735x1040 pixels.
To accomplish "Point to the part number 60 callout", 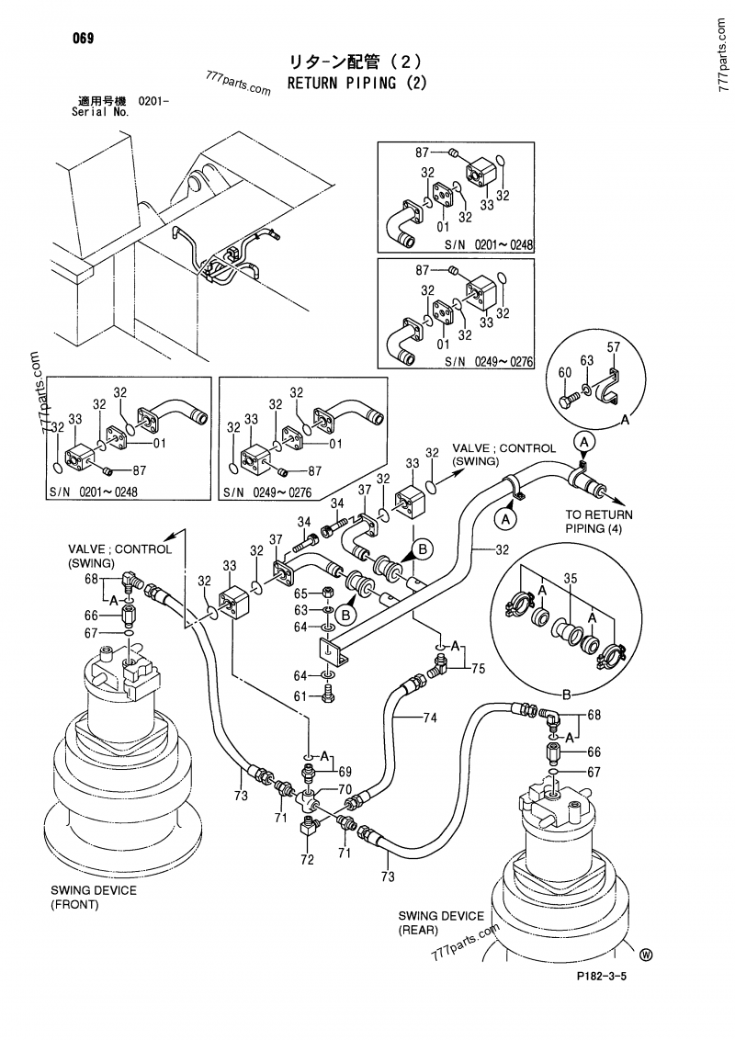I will (563, 372).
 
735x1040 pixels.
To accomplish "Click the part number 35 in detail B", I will (570, 580).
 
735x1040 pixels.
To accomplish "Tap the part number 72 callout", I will (307, 859).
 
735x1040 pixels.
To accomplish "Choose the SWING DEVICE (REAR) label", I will (441, 922).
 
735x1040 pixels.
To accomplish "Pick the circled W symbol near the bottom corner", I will (645, 955).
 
